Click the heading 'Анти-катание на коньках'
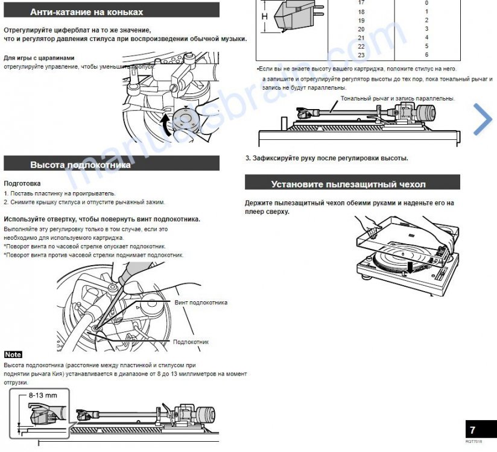tap(87, 11)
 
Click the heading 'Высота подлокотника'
tap(80, 164)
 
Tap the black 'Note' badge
tap(13, 354)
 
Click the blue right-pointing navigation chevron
tap(483, 119)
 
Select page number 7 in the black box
tap(473, 430)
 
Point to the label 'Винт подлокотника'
tap(201, 303)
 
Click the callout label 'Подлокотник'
tap(191, 342)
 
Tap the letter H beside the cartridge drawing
tap(264, 17)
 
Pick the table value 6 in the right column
tap(426, 55)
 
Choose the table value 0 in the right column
tap(426, 3)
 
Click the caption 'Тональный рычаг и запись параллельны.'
tap(397, 98)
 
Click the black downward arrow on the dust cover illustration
tap(410, 266)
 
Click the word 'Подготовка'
tap(22, 183)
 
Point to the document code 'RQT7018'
tap(473, 442)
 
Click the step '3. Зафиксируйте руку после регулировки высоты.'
tap(326, 159)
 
